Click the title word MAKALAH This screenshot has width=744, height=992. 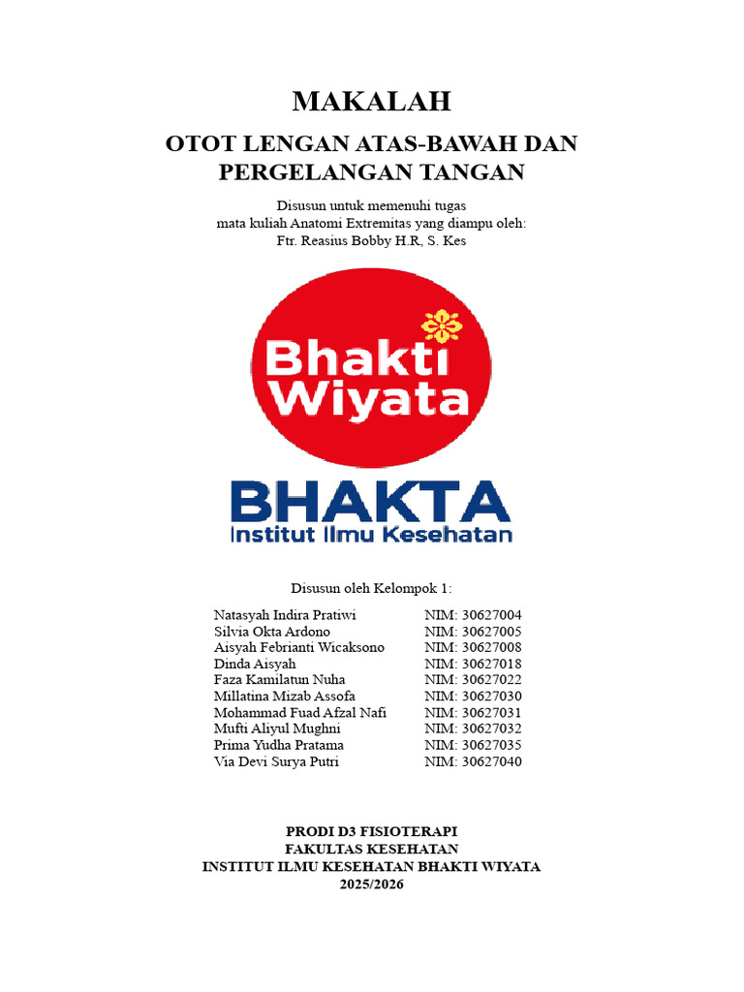click(372, 101)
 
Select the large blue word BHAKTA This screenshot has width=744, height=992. click(370, 502)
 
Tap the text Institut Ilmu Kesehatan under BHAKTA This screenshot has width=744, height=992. click(370, 534)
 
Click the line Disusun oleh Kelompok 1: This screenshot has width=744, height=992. click(372, 588)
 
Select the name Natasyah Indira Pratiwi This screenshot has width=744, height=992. click(285, 615)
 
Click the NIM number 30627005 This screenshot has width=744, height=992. click(487, 632)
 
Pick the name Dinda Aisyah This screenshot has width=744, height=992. click(255, 664)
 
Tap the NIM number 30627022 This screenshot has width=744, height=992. click(487, 680)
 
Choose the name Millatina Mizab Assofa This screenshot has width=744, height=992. click(285, 697)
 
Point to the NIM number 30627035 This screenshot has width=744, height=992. click(487, 745)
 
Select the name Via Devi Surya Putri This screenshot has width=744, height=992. click(277, 761)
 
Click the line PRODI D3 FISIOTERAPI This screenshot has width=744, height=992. click(372, 832)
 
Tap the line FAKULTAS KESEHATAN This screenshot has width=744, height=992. click(372, 850)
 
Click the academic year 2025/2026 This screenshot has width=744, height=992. click(372, 884)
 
